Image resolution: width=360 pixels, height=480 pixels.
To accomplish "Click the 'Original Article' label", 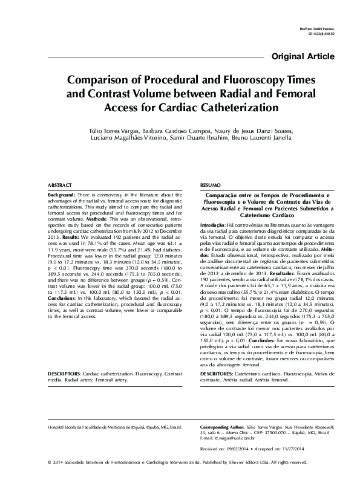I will coord(304,57).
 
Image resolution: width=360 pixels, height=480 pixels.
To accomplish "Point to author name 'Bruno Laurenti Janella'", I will coord(264,140).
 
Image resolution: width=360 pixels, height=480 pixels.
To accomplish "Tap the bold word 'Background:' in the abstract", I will coord(62,195).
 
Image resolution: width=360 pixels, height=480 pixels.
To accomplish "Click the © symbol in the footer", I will coord(48,462).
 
